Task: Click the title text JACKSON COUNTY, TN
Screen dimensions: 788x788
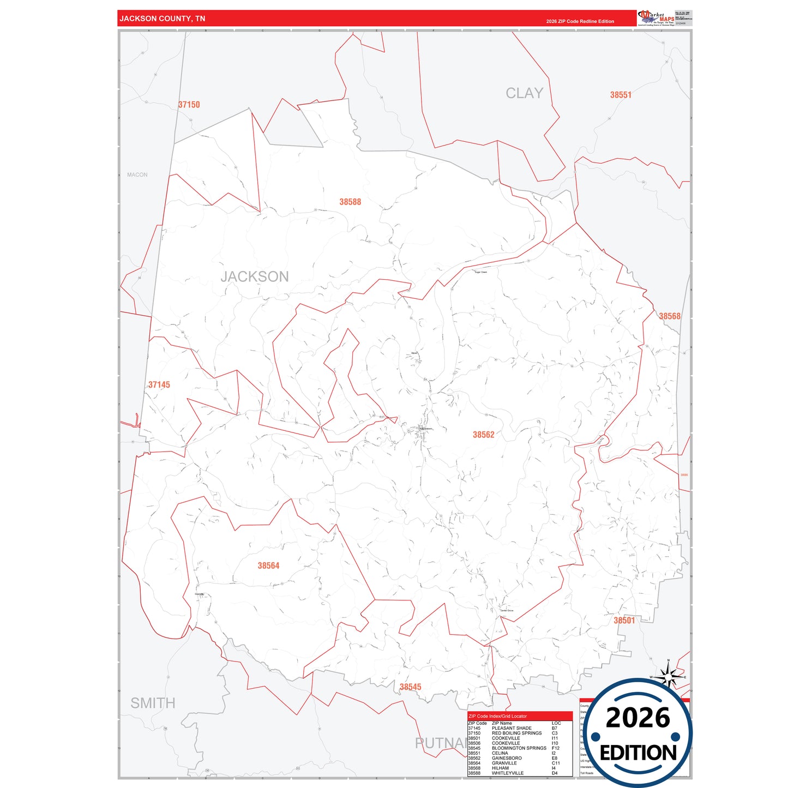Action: pos(163,19)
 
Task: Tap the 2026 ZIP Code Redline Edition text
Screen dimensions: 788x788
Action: pos(580,21)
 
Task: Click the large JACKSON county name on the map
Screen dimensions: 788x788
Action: pos(255,276)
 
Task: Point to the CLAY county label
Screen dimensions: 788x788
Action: pos(524,93)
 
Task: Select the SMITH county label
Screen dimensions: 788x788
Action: pos(153,703)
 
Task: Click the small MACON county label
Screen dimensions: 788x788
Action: pos(137,175)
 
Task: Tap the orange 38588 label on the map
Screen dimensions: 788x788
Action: pos(350,202)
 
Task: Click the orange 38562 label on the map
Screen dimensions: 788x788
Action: pos(484,435)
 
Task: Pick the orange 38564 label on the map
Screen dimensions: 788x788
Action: pos(268,566)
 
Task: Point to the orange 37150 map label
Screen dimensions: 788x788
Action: pos(189,105)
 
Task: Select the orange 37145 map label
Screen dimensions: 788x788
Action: pos(159,385)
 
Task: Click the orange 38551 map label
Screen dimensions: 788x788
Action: pos(621,95)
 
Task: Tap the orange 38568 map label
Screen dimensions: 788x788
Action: pos(670,316)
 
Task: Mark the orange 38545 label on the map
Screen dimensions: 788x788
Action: pos(410,687)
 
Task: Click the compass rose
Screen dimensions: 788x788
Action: pos(668,676)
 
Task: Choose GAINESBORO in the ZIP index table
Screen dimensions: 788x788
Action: pos(507,758)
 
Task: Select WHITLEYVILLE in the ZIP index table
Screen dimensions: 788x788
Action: pos(507,773)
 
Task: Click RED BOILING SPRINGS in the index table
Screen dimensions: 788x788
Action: pos(516,733)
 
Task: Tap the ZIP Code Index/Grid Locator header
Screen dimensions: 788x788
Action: pos(497,716)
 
